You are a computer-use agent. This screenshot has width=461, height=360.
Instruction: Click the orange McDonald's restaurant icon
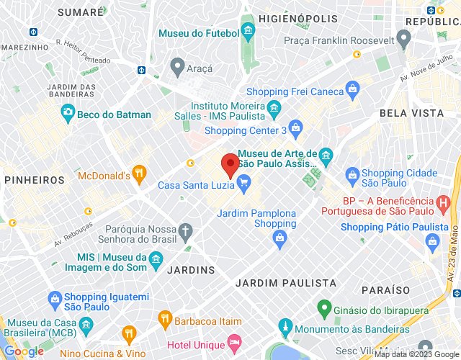(140, 173)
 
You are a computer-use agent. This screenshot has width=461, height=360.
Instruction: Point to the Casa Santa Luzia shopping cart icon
(244, 184)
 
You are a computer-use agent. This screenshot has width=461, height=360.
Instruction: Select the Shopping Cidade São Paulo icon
(352, 174)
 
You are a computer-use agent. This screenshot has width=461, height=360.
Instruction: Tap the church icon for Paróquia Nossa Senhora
(186, 232)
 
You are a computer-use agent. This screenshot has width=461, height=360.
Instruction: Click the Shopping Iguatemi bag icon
(54, 299)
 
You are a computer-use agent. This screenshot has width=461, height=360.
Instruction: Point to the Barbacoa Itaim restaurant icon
(164, 318)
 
